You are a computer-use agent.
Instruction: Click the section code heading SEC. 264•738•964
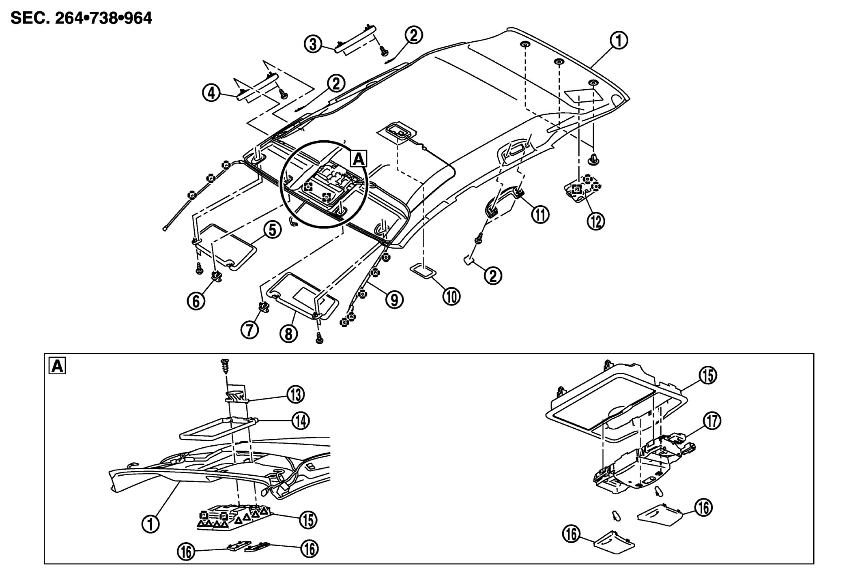tap(81, 18)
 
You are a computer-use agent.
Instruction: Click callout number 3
tap(313, 44)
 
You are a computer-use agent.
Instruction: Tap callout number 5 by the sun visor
tap(272, 230)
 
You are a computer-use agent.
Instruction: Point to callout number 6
tap(196, 301)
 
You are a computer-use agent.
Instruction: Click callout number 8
tap(288, 334)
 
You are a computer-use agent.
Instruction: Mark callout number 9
tap(394, 300)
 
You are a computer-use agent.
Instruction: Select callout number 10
tap(451, 296)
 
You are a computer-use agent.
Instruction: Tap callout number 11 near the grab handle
tap(540, 215)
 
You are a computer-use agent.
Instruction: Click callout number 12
tap(595, 221)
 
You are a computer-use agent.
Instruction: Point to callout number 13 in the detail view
tap(295, 395)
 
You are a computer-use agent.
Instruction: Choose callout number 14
tap(301, 421)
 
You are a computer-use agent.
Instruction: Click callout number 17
tap(712, 421)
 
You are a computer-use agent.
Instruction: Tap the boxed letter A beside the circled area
tap(359, 159)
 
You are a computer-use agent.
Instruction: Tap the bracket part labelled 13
tap(236, 396)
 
